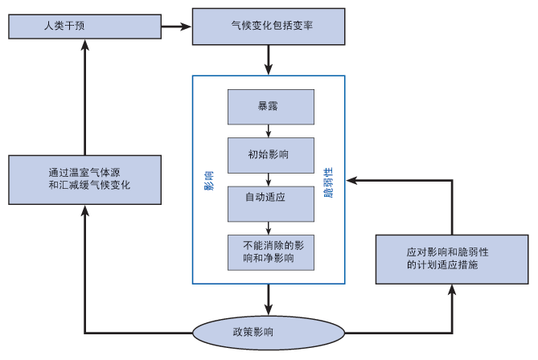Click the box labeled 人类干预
[84, 27]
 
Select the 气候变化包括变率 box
[269, 27]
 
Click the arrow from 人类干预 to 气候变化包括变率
[176, 27]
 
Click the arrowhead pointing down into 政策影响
[269, 309]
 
